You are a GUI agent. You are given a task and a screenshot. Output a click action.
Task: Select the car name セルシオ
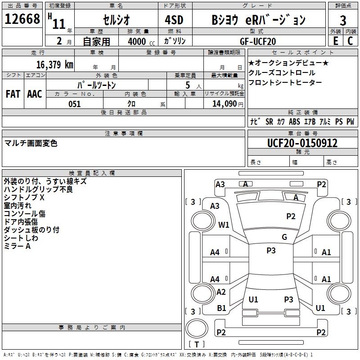[x=116, y=20]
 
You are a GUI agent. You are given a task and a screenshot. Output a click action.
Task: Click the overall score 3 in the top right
[x=343, y=21]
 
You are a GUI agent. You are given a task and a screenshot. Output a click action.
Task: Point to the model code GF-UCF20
[x=258, y=41]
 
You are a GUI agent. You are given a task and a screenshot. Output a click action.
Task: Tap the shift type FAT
[x=13, y=94]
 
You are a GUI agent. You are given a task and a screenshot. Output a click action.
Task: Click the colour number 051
[x=74, y=104]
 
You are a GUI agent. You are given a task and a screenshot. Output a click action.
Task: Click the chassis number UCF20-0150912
[x=302, y=144]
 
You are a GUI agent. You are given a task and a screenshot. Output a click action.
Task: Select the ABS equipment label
[x=294, y=121]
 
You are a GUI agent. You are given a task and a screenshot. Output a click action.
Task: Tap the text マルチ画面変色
[x=31, y=144]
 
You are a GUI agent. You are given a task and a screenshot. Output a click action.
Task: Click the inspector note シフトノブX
[x=24, y=198]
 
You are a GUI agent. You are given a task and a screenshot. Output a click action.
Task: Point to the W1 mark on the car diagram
[x=224, y=225]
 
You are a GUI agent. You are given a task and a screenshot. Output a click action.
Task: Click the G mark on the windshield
[x=284, y=237]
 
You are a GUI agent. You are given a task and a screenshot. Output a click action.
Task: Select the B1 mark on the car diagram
[x=221, y=308]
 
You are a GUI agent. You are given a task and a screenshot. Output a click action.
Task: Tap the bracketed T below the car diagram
[x=196, y=344]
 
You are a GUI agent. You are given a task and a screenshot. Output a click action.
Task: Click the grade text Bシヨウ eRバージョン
[x=258, y=20]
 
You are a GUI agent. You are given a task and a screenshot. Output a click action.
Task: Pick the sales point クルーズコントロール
[x=282, y=72]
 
